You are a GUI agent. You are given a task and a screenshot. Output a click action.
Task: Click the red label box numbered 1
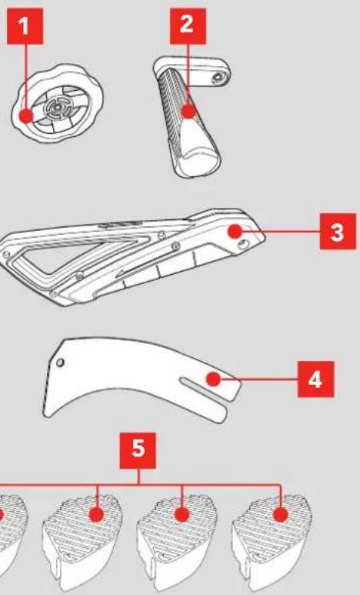pos(25,27)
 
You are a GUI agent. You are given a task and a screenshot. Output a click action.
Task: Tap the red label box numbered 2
pos(188,27)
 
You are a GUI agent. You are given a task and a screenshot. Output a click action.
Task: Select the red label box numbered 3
pos(338,232)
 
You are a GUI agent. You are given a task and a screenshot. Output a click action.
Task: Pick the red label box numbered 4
pos(315,379)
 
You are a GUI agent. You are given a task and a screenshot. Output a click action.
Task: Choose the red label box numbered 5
pos(138,450)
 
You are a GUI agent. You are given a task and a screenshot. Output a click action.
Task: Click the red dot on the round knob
pos(26,116)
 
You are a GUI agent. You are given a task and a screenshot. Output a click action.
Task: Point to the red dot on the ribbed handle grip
pos(188,112)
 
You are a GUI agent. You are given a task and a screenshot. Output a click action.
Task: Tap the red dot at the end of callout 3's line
pos(235,231)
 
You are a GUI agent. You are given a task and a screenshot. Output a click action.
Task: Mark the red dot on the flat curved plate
pos(214,379)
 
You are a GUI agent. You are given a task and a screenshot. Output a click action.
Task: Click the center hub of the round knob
pos(56,109)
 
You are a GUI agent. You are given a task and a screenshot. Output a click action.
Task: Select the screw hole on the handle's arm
pos(218,79)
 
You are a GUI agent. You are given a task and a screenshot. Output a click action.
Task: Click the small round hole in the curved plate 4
pos(60,363)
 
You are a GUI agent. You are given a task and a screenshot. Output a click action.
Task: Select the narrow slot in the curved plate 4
pos(205,389)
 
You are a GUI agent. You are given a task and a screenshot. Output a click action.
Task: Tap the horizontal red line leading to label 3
pos(281,231)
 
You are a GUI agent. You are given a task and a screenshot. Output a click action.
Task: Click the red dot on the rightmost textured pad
pos(280,515)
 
